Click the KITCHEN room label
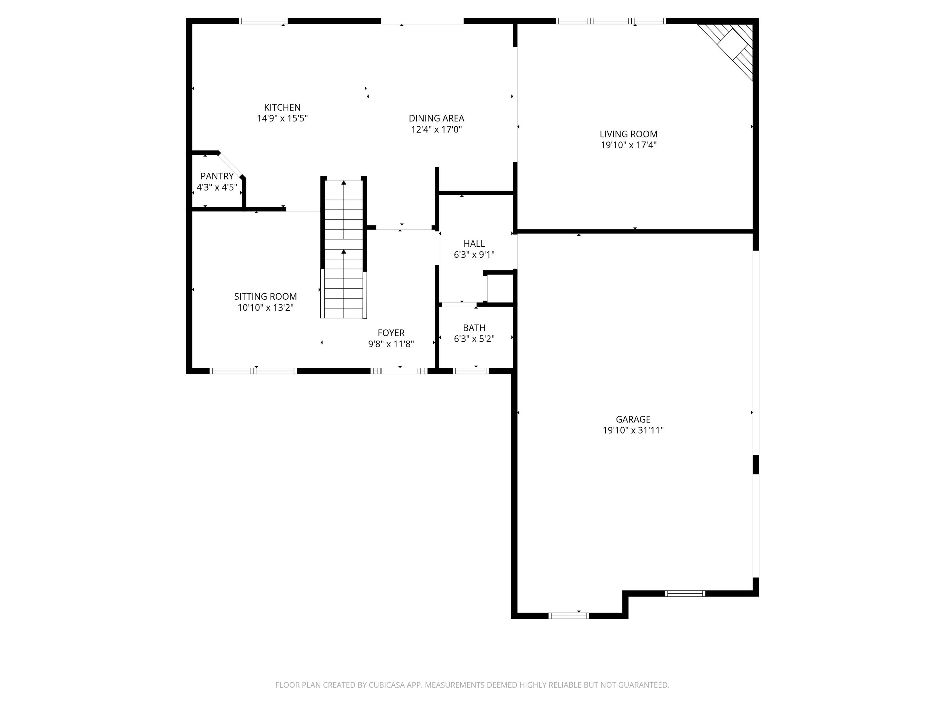click(x=282, y=107)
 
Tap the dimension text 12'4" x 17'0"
click(x=436, y=130)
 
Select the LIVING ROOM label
click(x=628, y=134)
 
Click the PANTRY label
click(x=217, y=176)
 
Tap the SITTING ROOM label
click(x=265, y=296)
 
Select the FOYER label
click(x=391, y=332)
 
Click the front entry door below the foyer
click(x=399, y=371)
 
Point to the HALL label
click(x=474, y=244)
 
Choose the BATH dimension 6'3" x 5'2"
click(x=474, y=339)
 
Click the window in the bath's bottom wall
click(x=470, y=371)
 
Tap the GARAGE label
click(x=633, y=419)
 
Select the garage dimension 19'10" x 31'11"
click(x=633, y=430)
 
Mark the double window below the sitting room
click(x=253, y=371)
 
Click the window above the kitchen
click(x=263, y=21)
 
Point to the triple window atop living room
click(x=610, y=21)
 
